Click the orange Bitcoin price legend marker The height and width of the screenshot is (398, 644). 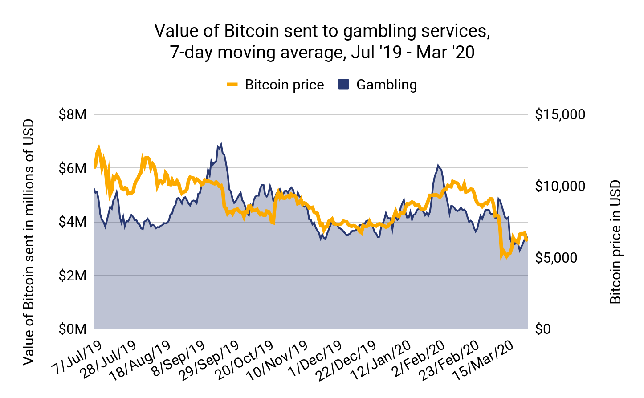[x=232, y=85]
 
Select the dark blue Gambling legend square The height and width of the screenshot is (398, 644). [x=343, y=85]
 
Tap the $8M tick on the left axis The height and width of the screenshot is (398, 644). [x=73, y=115]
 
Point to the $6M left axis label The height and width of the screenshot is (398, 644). [x=73, y=168]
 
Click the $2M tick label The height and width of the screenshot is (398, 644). [x=73, y=276]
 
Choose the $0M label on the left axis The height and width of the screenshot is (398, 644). [x=73, y=329]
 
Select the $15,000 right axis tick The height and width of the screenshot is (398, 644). [x=560, y=115]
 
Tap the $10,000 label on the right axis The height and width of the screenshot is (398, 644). [x=560, y=186]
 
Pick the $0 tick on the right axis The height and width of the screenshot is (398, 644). [x=543, y=329]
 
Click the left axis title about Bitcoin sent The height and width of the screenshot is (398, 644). [x=29, y=242]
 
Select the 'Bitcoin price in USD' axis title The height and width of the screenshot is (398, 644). [x=615, y=242]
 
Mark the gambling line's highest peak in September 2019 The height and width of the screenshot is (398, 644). [x=221, y=144]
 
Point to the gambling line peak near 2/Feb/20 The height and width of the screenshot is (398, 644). [x=438, y=165]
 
